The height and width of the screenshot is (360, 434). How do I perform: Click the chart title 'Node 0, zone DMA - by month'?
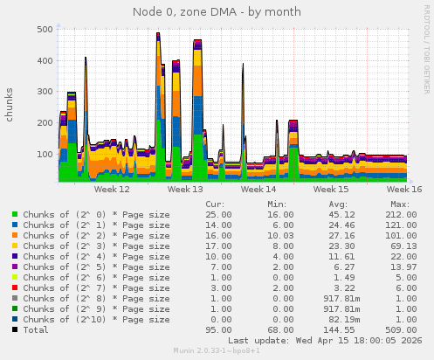[x=217, y=12]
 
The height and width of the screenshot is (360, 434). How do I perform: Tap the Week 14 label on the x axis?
[x=258, y=189]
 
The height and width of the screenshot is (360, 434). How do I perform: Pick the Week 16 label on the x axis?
[x=404, y=189]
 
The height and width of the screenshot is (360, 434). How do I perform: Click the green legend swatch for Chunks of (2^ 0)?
[x=15, y=214]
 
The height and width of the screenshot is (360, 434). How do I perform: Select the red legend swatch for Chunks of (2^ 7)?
[x=15, y=287]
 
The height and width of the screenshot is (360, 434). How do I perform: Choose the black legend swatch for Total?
[x=15, y=329]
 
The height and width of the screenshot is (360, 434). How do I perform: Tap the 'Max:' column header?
[x=401, y=204]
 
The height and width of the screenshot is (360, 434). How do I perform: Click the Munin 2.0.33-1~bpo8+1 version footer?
[x=217, y=351]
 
